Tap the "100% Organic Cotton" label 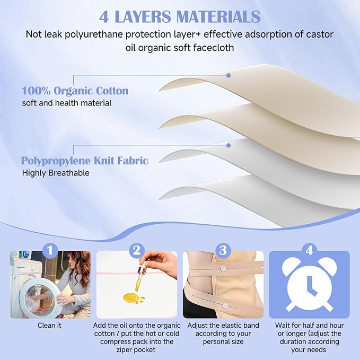[x=75, y=91]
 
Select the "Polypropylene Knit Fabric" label [x=84, y=160]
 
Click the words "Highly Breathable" [x=56, y=173]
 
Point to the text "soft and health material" [x=66, y=103]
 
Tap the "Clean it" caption [x=49, y=325]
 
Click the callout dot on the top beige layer [x=229, y=75]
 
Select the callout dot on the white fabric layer [x=229, y=145]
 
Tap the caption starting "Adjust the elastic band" [x=222, y=333]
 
